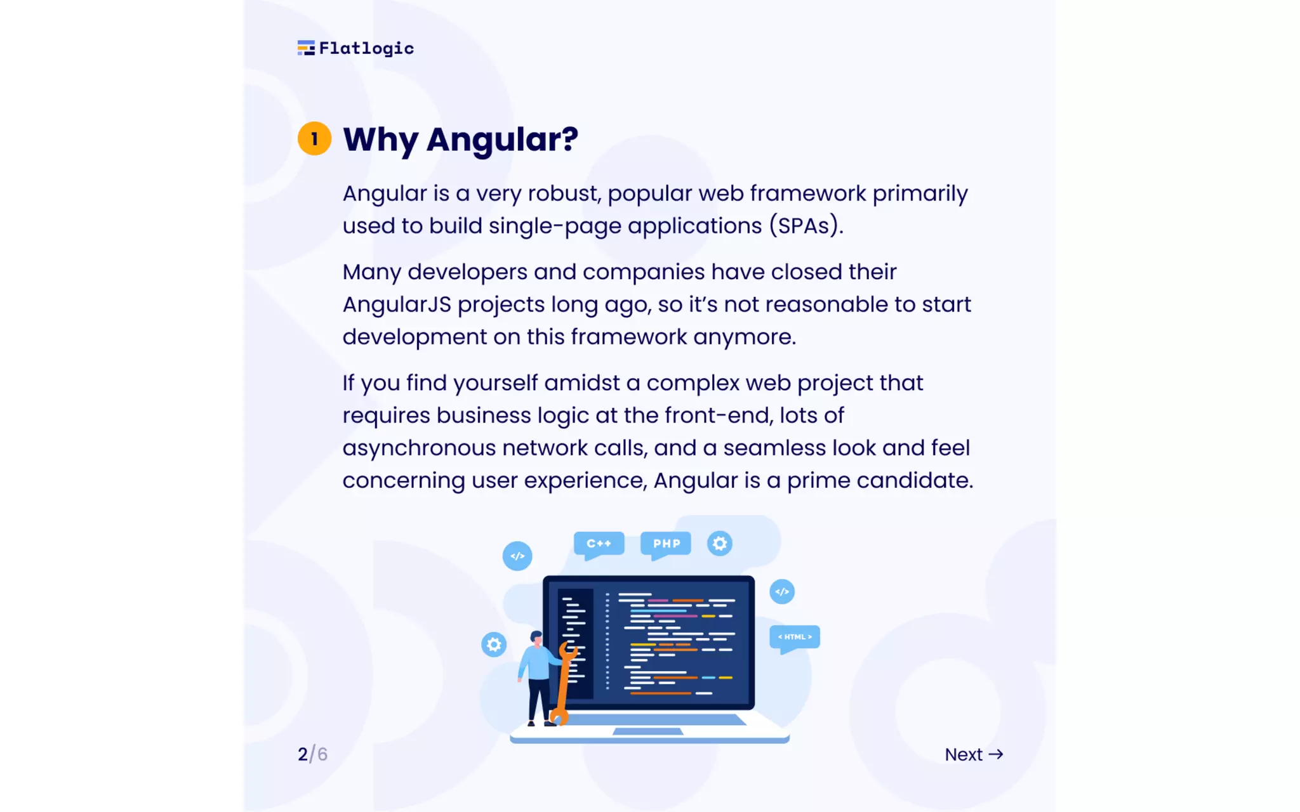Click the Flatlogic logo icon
pyautogui.click(x=306, y=48)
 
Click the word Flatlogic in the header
pyautogui.click(x=366, y=48)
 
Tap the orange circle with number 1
pyautogui.click(x=314, y=138)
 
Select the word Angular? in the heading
pyautogui.click(x=502, y=139)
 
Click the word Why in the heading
pyautogui.click(x=380, y=139)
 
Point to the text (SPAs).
pyautogui.click(x=806, y=226)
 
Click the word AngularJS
pyautogui.click(x=397, y=304)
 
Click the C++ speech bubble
pyautogui.click(x=599, y=544)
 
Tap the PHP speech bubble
pyautogui.click(x=666, y=544)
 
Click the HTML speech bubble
pyautogui.click(x=795, y=637)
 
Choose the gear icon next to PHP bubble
pyautogui.click(x=720, y=544)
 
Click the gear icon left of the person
pyautogui.click(x=494, y=645)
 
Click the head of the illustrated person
pyautogui.click(x=536, y=638)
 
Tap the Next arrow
pyautogui.click(x=997, y=754)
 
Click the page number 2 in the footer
pyautogui.click(x=303, y=754)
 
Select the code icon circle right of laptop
pyautogui.click(x=782, y=592)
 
